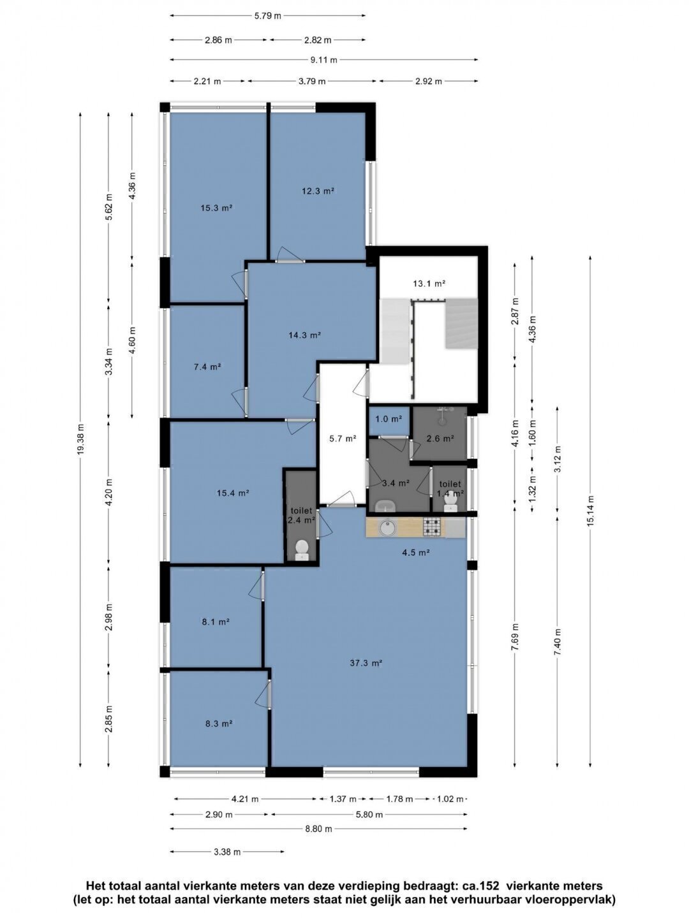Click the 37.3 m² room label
[366, 663]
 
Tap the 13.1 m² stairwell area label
[429, 284]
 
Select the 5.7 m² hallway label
[343, 439]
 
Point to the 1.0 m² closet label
[389, 419]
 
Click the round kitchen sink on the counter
[387, 528]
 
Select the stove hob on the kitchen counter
[432, 527]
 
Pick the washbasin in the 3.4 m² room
[385, 506]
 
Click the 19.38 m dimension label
[81, 439]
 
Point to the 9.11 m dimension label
[324, 60]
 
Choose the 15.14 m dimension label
[590, 511]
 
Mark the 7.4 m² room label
[207, 367]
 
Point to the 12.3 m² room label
[318, 191]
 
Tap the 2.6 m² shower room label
[440, 439]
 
